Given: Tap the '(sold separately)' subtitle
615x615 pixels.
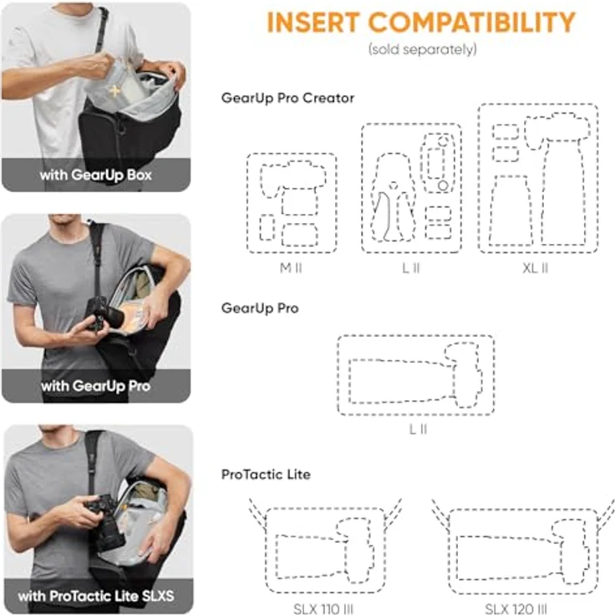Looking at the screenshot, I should (423, 49).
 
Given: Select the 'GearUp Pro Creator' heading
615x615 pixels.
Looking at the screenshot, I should (287, 98).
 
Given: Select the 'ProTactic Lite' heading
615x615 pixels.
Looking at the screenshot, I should (266, 474).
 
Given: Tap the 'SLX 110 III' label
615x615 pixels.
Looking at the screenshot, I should (325, 608).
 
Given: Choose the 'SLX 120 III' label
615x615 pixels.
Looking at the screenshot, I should (516, 608).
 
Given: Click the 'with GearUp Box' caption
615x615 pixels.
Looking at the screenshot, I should (95, 175).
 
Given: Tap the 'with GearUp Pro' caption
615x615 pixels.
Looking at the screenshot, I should (95, 387).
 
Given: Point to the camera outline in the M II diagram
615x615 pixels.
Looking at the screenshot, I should (287, 179).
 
